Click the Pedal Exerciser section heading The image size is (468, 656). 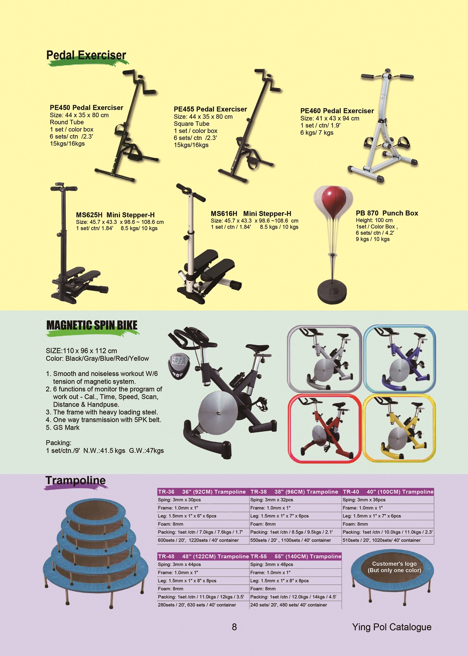click(86, 55)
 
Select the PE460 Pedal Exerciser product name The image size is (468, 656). click(337, 111)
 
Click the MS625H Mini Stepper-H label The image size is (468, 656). click(115, 215)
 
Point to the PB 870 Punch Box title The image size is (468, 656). click(387, 213)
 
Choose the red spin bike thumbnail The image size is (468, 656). click(325, 428)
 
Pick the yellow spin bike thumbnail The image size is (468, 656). click(399, 428)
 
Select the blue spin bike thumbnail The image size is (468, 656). click(399, 359)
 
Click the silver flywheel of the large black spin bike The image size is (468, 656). click(219, 412)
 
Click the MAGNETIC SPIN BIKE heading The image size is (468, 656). click(92, 325)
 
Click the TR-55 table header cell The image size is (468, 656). click(296, 556)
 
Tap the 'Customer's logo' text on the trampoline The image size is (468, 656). click(394, 564)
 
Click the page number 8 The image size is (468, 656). click(234, 627)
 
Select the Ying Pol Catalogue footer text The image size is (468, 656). click(392, 627)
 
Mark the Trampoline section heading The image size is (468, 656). click(76, 480)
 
